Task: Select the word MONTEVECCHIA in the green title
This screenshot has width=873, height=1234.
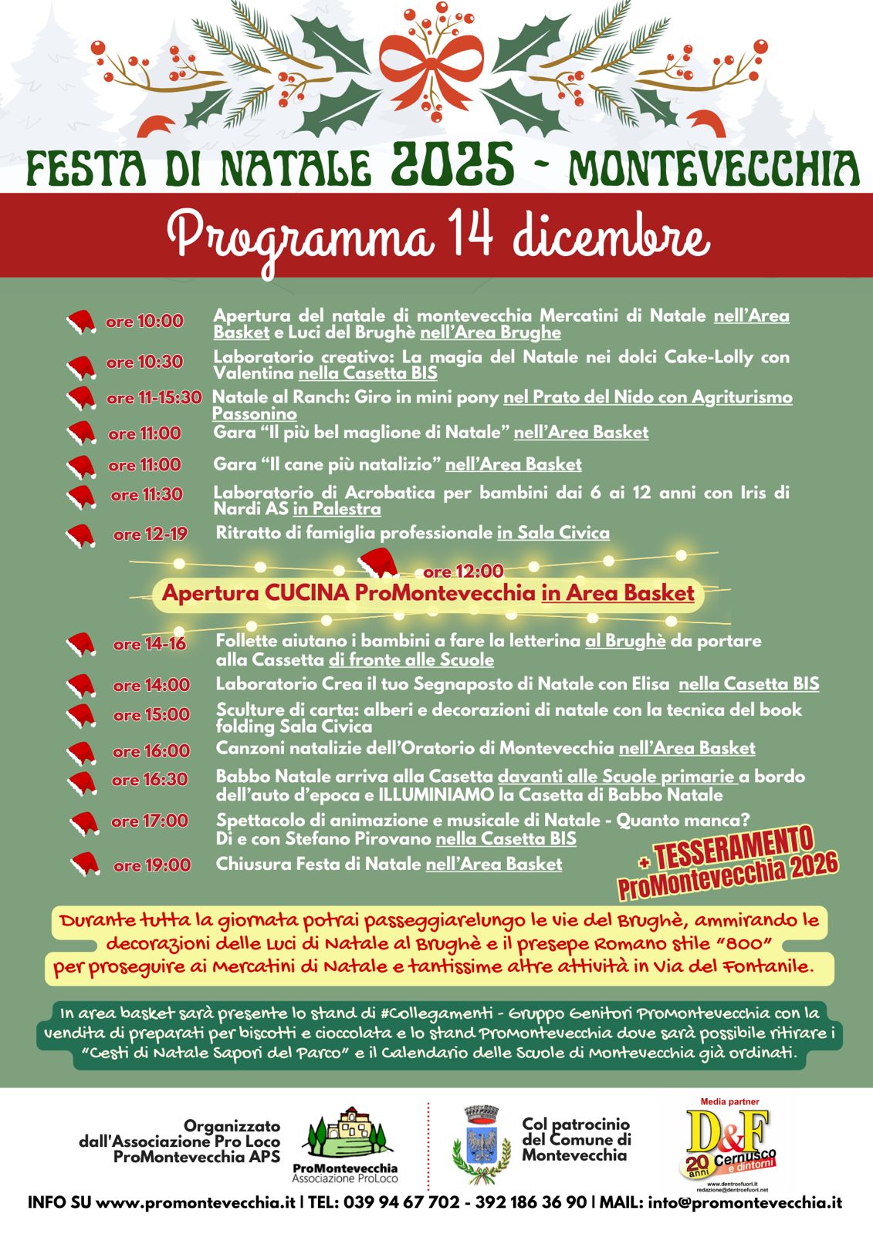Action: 714,168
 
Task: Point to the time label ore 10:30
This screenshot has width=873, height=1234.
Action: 144,362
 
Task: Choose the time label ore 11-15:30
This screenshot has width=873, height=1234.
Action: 154,398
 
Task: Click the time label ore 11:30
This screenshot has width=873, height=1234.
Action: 146,495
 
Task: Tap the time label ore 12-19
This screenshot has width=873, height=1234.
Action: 150,534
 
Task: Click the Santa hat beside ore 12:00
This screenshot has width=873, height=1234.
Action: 379,564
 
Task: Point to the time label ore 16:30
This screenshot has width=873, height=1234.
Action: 150,780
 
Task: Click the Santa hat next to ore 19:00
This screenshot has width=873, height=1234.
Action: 84,865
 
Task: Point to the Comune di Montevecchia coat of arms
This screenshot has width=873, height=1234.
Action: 481,1145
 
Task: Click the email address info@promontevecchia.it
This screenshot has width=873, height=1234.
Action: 745,1202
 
